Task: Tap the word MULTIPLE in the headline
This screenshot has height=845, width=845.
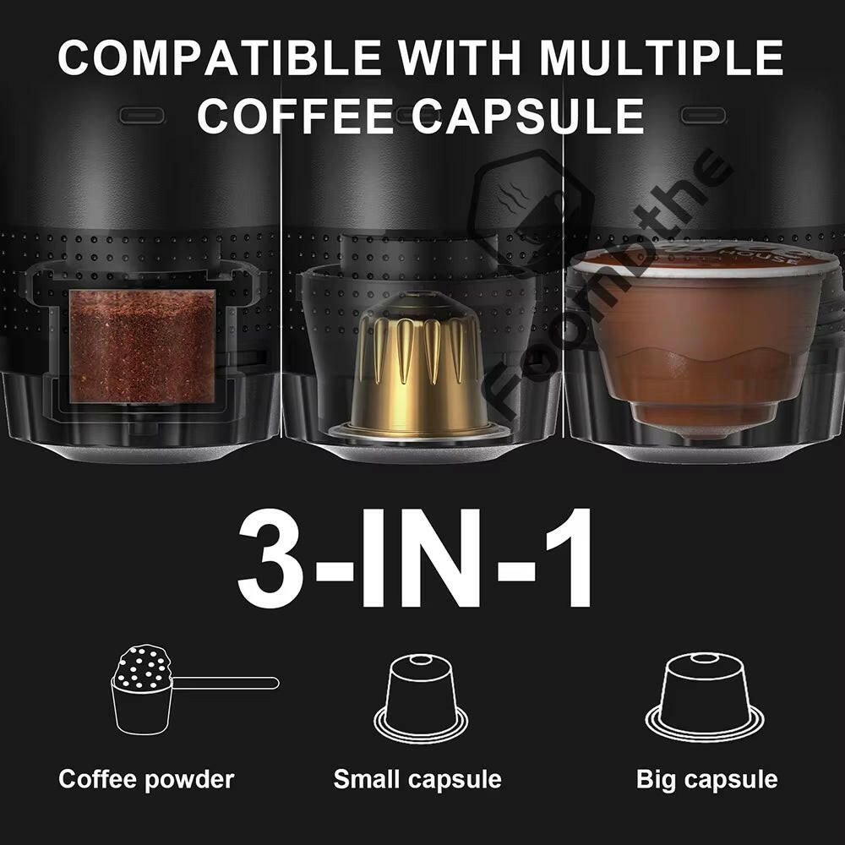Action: tap(662, 57)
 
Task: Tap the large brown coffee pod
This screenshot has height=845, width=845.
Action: tap(703, 338)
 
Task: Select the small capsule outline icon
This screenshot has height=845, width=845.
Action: tap(420, 697)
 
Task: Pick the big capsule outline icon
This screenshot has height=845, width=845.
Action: tap(704, 697)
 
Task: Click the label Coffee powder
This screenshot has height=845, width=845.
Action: tap(145, 778)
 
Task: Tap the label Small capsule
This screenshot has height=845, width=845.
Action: tap(417, 778)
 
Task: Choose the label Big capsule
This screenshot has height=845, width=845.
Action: tap(706, 778)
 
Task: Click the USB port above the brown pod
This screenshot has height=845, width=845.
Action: tap(703, 115)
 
